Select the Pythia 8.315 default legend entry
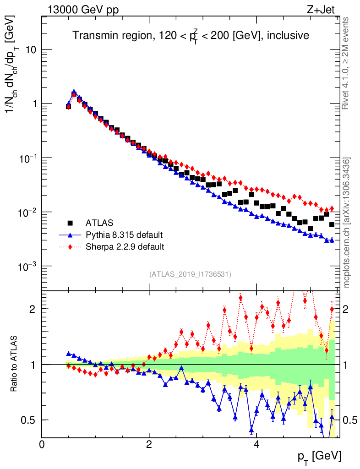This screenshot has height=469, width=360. click(x=124, y=235)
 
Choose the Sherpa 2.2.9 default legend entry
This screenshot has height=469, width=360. click(x=125, y=247)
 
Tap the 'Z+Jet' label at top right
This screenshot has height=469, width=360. click(x=324, y=10)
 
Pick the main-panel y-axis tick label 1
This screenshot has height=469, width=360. click(x=33, y=104)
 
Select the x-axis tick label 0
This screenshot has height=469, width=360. click(x=42, y=444)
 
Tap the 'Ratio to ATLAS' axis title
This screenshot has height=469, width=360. click(x=15, y=364)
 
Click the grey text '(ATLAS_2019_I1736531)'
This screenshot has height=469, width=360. click(x=190, y=274)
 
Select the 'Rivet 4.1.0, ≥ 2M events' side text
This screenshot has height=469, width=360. click(x=347, y=63)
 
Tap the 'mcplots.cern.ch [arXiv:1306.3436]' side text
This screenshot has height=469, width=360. click(x=347, y=222)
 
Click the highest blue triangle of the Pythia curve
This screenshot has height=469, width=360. click(x=74, y=92)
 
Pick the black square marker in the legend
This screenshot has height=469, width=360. click(x=71, y=223)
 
